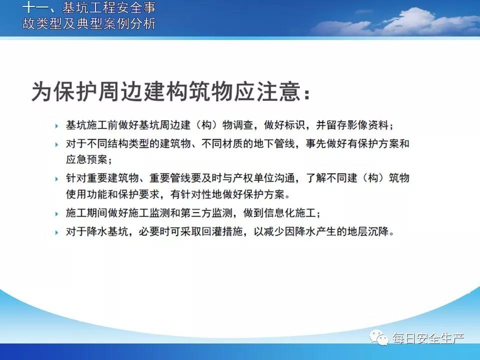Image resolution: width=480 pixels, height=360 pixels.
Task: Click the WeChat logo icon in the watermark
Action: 379,337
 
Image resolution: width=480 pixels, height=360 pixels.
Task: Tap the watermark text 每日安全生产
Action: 428,338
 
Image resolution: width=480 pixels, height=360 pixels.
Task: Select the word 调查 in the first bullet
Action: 243,125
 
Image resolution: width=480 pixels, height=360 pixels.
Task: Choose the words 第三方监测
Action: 206,213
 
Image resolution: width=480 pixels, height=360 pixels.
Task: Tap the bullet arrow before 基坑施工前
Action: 56,126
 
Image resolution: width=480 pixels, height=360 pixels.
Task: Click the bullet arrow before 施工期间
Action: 56,213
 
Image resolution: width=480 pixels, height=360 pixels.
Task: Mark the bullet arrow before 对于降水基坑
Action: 56,232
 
